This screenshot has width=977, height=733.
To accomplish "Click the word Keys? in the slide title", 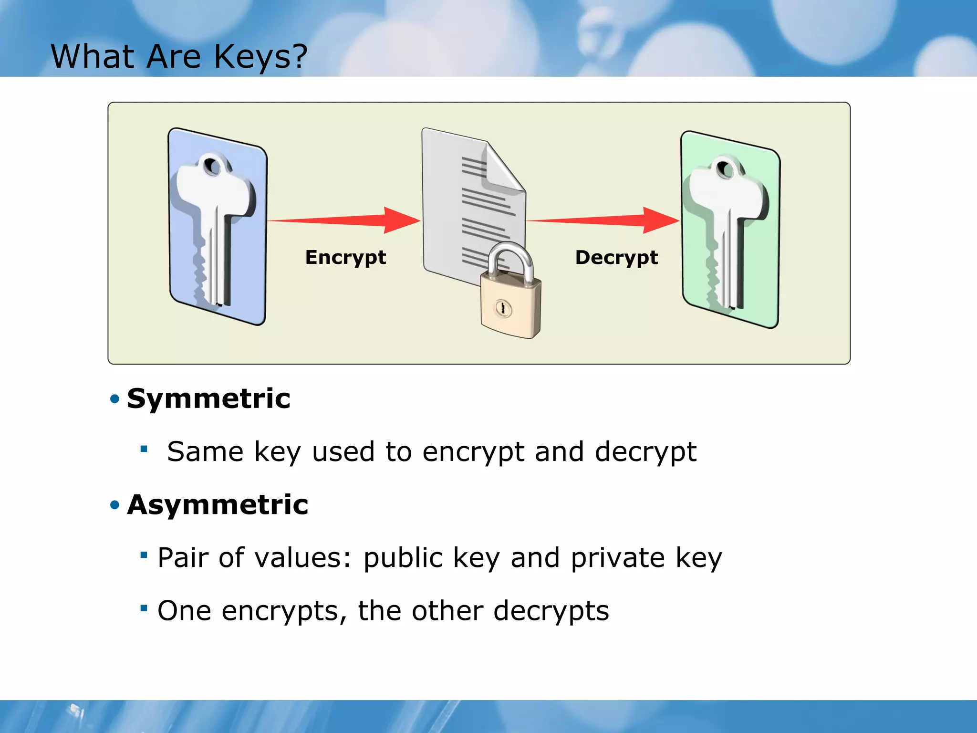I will (x=260, y=57).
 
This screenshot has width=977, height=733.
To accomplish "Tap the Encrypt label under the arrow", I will (x=345, y=258).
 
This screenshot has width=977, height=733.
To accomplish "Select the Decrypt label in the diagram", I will (x=616, y=258).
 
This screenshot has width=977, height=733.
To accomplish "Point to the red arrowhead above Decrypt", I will (x=659, y=220).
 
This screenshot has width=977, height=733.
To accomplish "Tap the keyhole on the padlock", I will (x=503, y=308).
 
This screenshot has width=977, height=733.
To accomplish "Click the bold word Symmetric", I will (x=208, y=398).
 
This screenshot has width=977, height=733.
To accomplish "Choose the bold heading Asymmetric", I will (x=218, y=505).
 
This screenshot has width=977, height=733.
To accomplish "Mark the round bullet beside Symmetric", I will (x=114, y=399).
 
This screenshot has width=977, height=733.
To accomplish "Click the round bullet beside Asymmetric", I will (x=114, y=505).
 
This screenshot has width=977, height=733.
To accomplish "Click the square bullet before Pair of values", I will (x=144, y=555).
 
